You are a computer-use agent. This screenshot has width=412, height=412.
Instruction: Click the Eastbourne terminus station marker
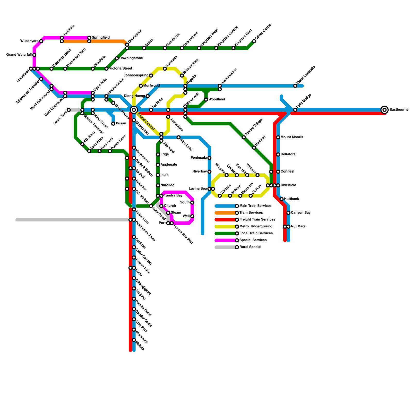coord(384,110)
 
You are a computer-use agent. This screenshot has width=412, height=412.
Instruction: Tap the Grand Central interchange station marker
coord(134,110)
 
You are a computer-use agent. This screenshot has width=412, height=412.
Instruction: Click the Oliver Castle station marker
coord(254,41)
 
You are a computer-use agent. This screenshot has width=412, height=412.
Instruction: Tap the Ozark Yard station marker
coord(69,110)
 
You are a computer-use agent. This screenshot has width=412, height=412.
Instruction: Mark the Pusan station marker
coord(113,124)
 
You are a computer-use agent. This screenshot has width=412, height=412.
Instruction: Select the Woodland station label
coord(217,99)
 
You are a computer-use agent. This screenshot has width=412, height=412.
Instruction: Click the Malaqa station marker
coord(134,340)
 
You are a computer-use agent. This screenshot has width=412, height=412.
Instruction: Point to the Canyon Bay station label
coord(301,213)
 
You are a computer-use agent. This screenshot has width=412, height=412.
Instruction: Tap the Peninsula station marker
coord(209,158)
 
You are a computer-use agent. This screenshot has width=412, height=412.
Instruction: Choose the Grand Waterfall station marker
coord(34,55)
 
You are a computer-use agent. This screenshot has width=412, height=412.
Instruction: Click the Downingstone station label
coord(131,58)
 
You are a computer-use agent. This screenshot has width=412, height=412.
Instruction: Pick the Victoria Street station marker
coord(106,69)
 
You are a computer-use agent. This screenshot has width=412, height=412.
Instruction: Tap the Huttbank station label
coord(291,199)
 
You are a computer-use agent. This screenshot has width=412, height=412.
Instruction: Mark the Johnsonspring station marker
coord(151,75)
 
